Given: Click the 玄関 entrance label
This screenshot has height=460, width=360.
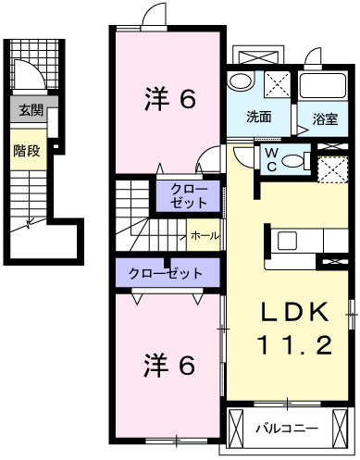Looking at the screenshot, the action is [31, 110].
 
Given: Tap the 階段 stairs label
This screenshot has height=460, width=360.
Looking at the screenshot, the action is [27, 151].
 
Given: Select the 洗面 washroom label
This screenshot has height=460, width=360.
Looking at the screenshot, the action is [259, 117].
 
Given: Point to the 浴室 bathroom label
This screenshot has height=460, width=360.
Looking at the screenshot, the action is [325, 118].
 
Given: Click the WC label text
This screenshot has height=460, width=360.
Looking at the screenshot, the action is [271, 159].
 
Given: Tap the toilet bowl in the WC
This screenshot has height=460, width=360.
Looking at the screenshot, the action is [292, 160].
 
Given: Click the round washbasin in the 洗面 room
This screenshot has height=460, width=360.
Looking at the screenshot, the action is [241, 81].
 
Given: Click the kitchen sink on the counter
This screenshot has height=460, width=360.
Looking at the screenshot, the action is [287, 241].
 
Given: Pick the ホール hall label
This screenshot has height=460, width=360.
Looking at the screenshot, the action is [205, 236].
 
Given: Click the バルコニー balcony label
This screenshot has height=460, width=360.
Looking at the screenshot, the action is [287, 429].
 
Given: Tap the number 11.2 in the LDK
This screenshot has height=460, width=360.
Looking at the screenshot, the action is [294, 345].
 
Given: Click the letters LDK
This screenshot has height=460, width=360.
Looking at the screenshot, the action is [294, 312].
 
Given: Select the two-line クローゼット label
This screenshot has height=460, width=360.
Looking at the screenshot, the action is [189, 196].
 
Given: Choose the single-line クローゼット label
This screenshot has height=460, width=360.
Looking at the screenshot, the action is [166, 273].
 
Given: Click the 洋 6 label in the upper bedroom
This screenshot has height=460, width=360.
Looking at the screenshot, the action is [170, 98].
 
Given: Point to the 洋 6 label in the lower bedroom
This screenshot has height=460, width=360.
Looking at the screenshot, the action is [169, 366].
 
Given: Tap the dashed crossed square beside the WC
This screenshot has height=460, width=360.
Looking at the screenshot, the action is [333, 170].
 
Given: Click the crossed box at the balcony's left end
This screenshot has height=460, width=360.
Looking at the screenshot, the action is [235, 428].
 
